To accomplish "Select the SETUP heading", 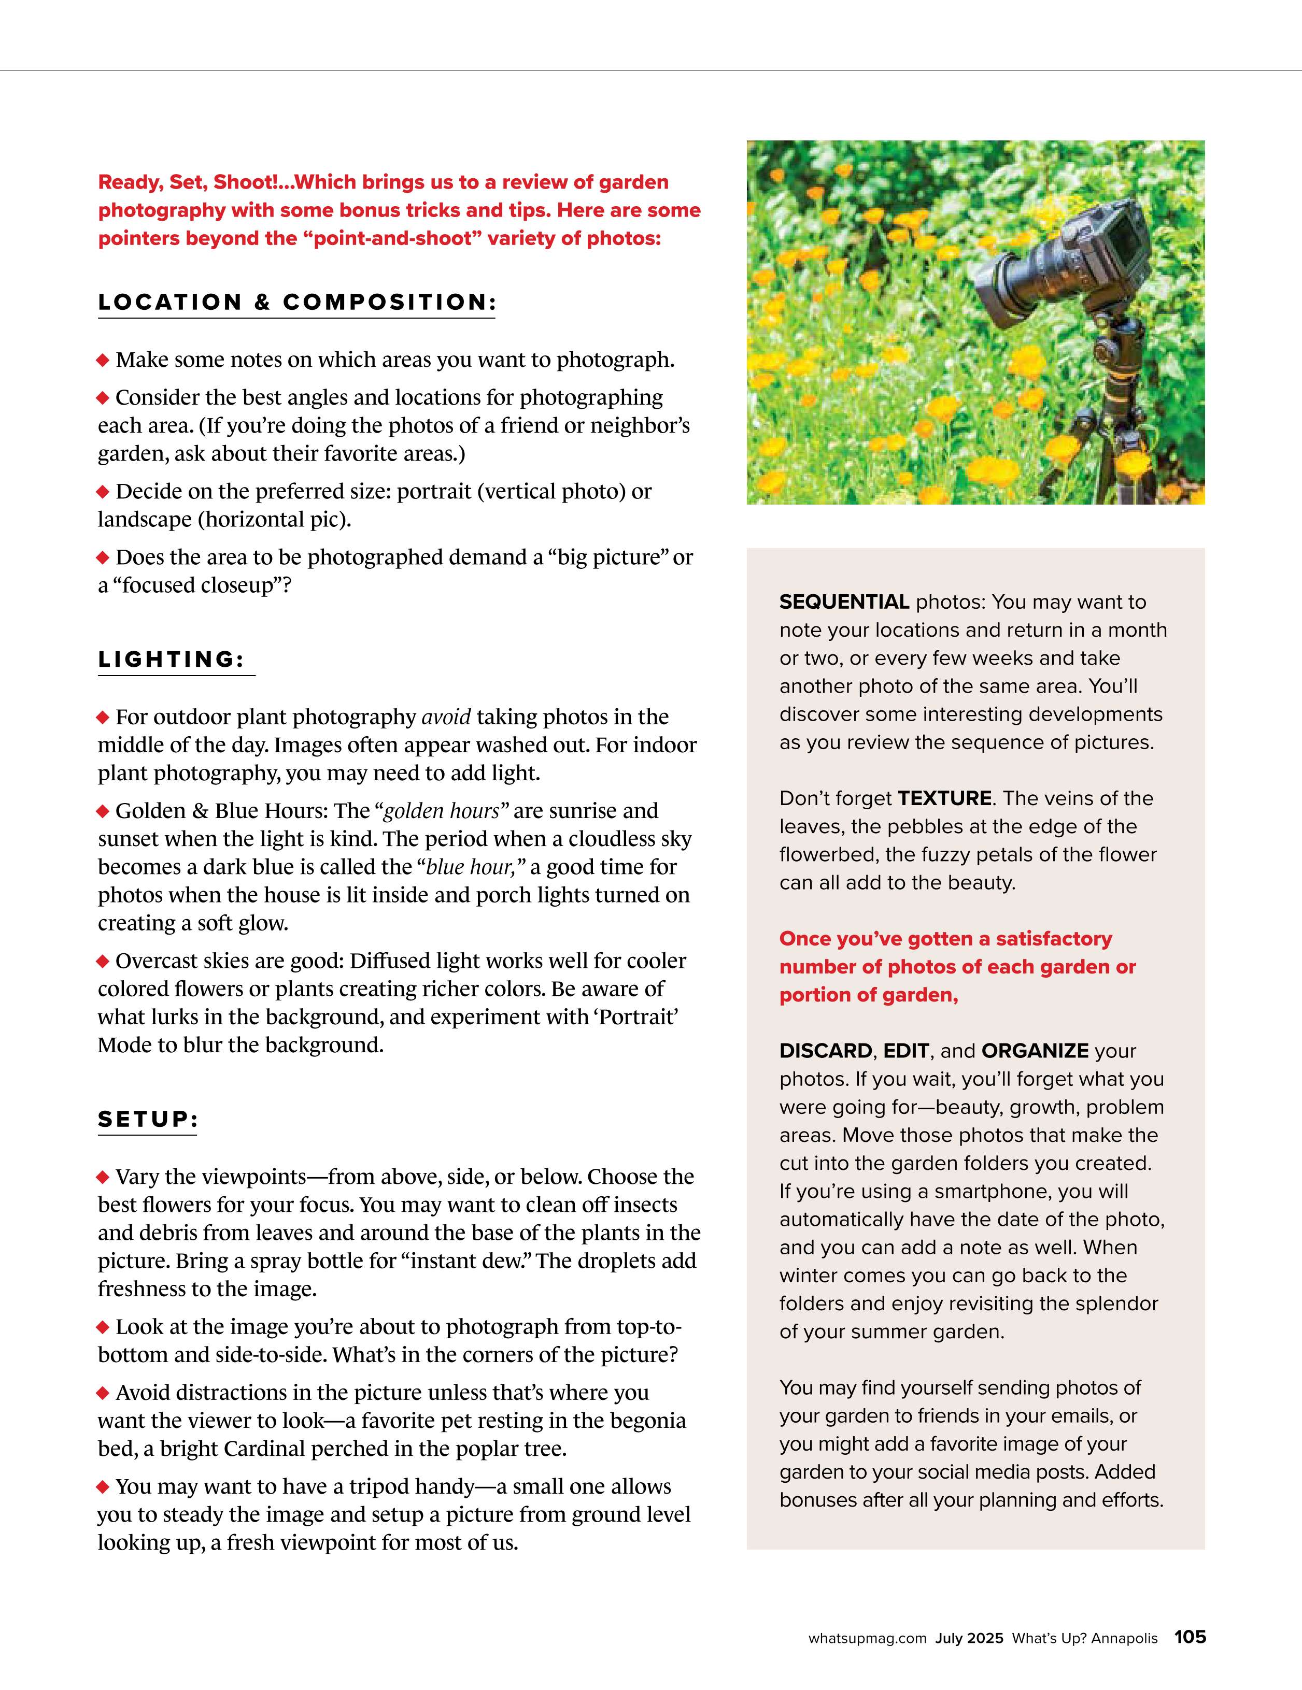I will (x=148, y=1119).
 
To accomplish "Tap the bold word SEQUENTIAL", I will (x=844, y=602).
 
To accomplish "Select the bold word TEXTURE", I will (x=944, y=798).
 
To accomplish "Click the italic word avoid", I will (x=446, y=718).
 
